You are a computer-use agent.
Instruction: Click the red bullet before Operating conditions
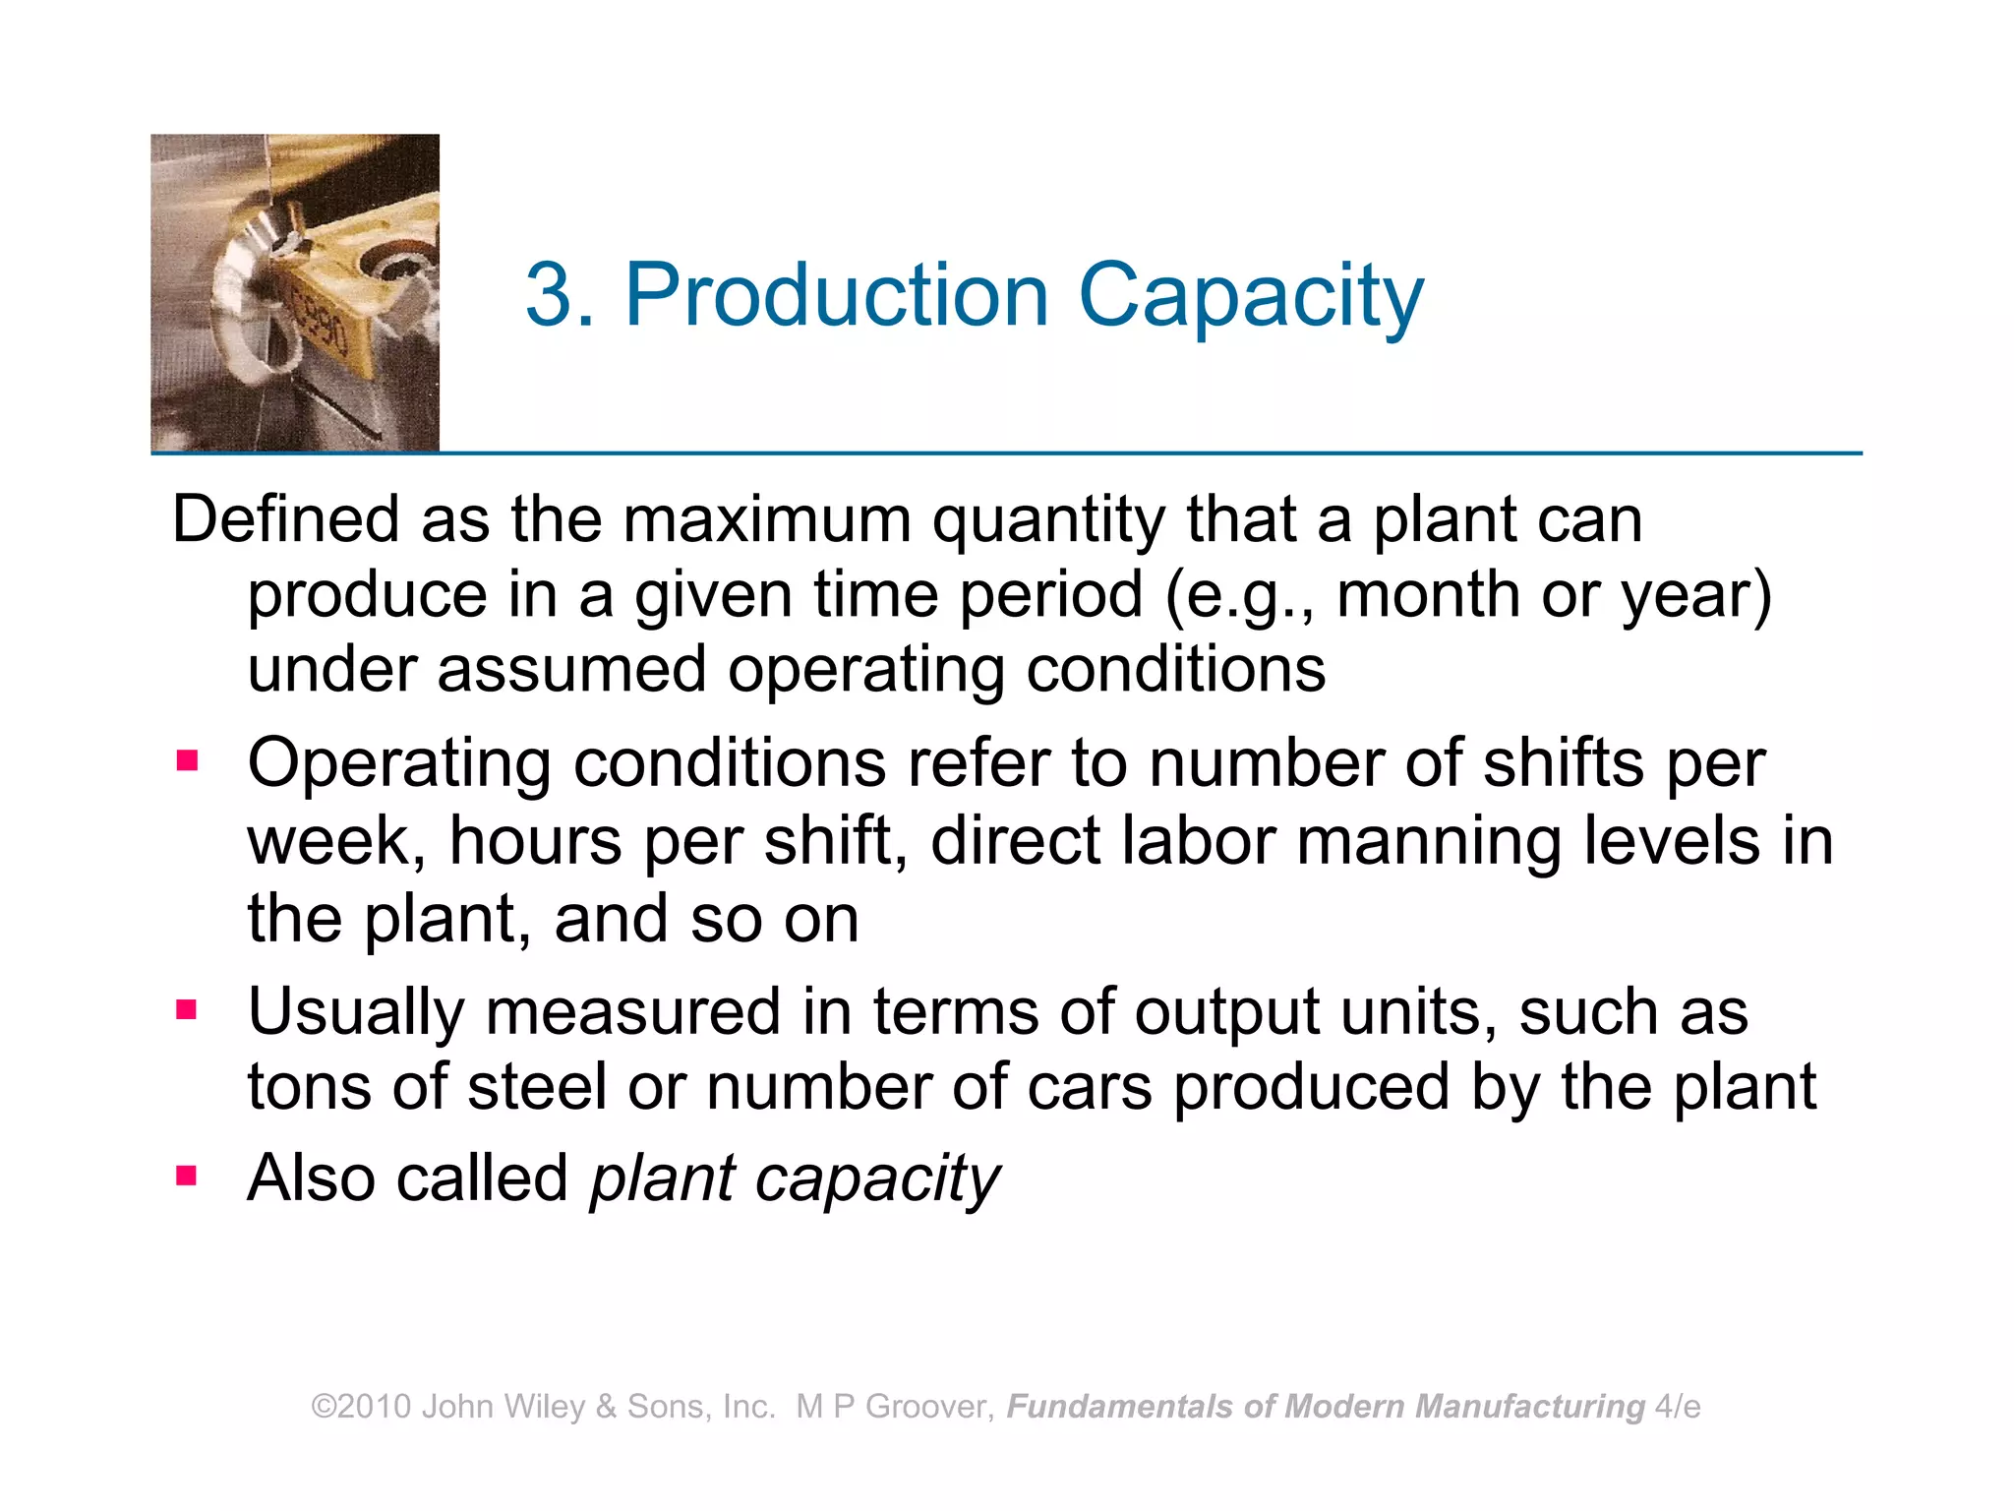[x=187, y=761]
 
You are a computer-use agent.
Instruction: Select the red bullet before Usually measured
[x=187, y=1009]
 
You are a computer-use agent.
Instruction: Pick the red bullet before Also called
[x=187, y=1175]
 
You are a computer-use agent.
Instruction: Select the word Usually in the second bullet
[x=355, y=1013]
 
